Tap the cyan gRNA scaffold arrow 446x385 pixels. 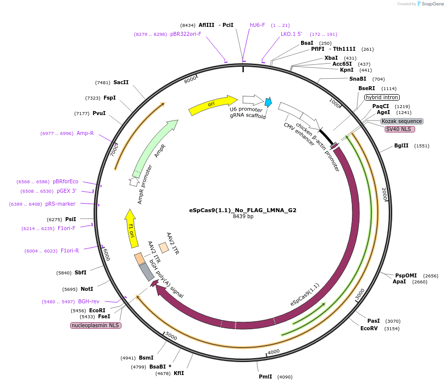(x=268, y=103)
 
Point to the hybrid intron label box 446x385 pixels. (x=382, y=97)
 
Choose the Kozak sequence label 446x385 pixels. (x=402, y=121)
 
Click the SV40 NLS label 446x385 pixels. (x=400, y=129)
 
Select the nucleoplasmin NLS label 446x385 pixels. (x=96, y=325)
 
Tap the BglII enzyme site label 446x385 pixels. (x=401, y=146)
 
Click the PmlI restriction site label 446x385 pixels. (x=265, y=377)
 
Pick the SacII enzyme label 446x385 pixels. (x=121, y=82)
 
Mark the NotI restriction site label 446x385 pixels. (x=87, y=289)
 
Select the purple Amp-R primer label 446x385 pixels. (x=85, y=133)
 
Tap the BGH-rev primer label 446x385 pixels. (x=89, y=301)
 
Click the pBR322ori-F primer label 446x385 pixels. (x=186, y=34)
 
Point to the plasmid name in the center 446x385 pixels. (x=242, y=210)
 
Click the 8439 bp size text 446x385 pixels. (x=243, y=217)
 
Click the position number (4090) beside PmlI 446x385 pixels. (x=285, y=377)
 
